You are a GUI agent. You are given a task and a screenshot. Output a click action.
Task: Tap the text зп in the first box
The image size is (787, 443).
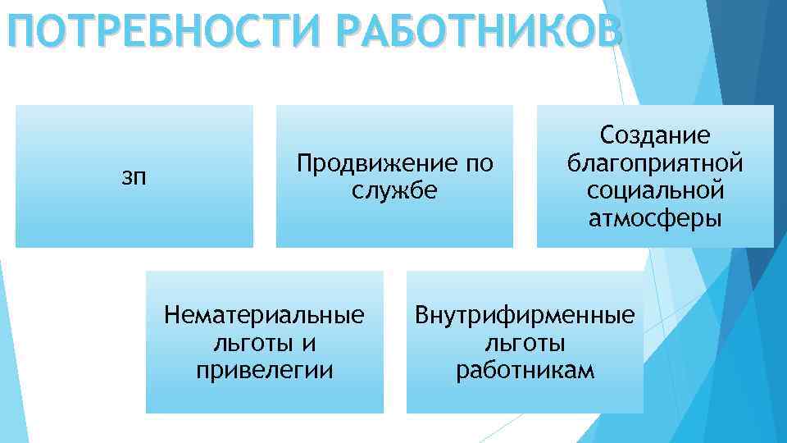134,176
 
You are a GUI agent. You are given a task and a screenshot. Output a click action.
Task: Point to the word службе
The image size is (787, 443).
395,190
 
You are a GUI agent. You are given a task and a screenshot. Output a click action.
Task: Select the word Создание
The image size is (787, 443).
655,135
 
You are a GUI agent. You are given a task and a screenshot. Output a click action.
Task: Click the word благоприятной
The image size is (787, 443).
655,162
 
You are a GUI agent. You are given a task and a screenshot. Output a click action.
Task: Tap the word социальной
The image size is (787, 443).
655,190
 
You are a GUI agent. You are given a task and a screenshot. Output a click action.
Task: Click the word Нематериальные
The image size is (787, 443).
264,315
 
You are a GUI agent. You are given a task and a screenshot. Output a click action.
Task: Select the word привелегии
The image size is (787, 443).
264,370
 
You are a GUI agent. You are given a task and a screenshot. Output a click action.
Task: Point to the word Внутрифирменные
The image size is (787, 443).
525,315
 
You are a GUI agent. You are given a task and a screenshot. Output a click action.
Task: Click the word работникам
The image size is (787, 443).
525,370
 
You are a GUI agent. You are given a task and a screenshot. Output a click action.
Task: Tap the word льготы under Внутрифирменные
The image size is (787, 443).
525,342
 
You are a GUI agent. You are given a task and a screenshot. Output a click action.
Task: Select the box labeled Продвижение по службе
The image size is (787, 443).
394,221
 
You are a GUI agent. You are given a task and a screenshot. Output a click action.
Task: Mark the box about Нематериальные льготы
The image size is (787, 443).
264,394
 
